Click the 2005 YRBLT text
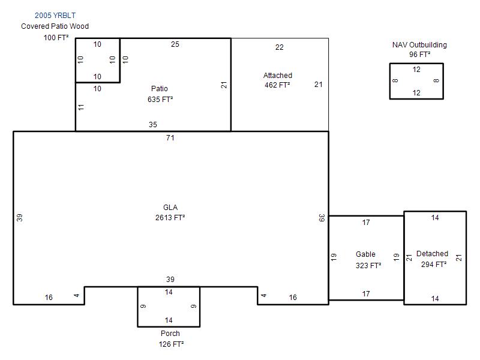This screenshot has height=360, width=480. click(55, 16)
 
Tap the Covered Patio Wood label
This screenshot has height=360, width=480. click(55, 26)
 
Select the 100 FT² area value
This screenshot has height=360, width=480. click(56, 37)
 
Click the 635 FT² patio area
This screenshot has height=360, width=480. click(160, 99)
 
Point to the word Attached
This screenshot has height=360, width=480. click(278, 76)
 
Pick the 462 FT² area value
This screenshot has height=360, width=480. click(277, 85)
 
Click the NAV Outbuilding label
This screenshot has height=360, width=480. click(419, 45)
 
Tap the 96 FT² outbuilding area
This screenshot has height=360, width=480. click(419, 55)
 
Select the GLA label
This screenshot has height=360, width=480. click(170, 207)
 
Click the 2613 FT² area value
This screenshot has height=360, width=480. click(170, 217)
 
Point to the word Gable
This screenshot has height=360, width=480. click(365, 254)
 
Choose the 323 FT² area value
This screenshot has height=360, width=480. click(368, 265)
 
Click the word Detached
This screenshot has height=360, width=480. click(432, 253)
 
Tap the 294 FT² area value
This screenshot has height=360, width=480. click(434, 264)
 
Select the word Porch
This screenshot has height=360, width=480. click(170, 334)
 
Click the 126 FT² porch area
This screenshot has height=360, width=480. click(171, 344)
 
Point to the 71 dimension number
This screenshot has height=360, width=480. click(170, 138)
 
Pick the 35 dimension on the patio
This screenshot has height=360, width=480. click(153, 125)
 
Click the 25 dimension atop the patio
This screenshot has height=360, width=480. click(175, 44)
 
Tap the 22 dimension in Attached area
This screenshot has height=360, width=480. click(279, 47)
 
